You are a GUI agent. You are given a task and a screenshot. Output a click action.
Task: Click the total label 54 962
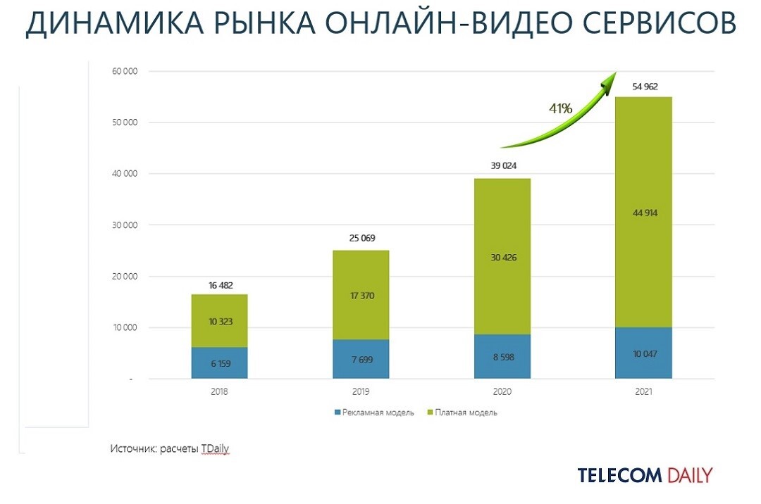coord(643,86)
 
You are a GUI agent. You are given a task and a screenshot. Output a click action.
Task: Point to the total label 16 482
coord(219,284)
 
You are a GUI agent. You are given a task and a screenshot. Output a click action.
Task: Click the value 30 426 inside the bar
coord(502,258)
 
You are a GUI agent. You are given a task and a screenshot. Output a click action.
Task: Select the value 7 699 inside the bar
coord(361,360)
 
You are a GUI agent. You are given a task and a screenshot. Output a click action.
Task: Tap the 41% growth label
coord(561,108)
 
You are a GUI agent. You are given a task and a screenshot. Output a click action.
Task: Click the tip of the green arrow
coord(614,74)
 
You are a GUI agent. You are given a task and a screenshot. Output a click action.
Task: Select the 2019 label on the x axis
coord(360,392)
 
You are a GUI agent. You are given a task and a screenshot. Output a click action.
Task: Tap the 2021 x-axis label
coord(643,392)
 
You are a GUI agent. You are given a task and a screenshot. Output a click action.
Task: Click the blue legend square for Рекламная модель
coord(338,412)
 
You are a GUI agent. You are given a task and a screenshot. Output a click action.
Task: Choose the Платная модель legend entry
coord(466,412)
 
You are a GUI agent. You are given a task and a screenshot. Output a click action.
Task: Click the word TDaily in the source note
coord(215,448)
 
